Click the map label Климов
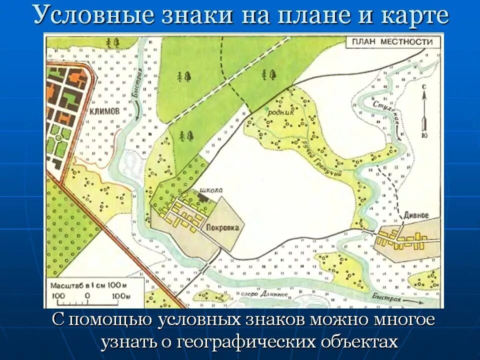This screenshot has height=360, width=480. (x=104, y=112)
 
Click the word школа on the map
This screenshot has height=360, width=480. (x=210, y=190)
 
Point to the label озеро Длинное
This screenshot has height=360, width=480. (x=265, y=294)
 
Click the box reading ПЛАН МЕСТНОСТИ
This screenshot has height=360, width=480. (x=392, y=42)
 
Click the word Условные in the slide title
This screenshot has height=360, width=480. (x=92, y=16)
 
